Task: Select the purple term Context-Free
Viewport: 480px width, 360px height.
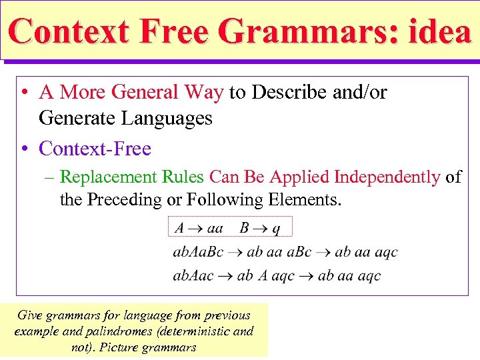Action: pyautogui.click(x=95, y=148)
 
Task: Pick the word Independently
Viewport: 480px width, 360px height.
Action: pyautogui.click(x=387, y=177)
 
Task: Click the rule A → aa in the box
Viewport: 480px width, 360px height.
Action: pyautogui.click(x=199, y=228)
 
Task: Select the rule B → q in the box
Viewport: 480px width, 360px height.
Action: pyautogui.click(x=260, y=228)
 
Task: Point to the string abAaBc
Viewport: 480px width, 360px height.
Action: pyautogui.click(x=198, y=252)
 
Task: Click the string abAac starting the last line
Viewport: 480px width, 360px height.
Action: pyautogui.click(x=194, y=275)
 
